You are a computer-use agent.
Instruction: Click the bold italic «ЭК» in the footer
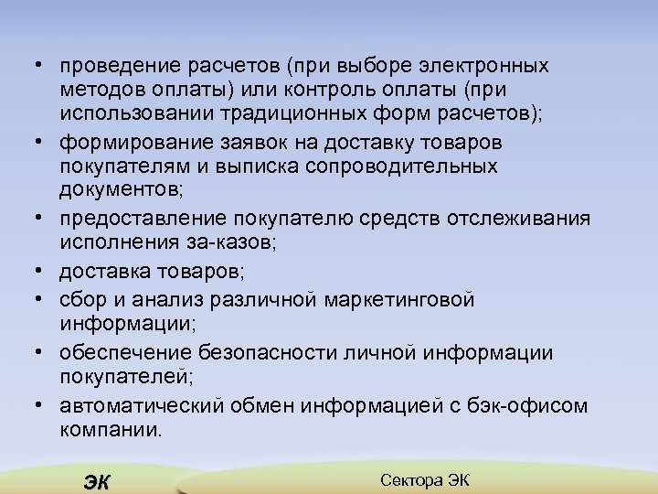point(95,483)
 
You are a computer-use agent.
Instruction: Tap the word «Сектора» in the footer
point(409,479)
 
